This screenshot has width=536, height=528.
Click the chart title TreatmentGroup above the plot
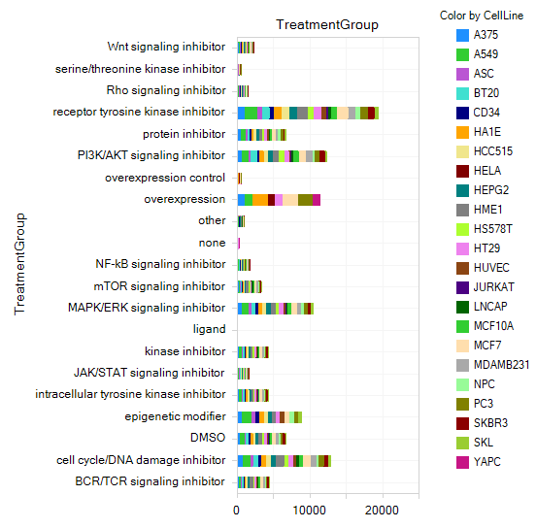(327, 24)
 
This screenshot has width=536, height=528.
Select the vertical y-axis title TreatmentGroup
(19, 264)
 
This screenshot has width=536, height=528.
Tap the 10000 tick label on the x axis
(310, 511)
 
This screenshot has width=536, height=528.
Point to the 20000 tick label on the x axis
(382, 511)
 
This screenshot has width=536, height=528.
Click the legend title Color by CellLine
(482, 16)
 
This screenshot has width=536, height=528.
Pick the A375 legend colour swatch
(462, 35)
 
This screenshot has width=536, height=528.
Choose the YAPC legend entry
(479, 462)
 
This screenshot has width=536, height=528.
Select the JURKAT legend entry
(486, 287)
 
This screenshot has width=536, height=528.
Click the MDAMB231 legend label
(501, 365)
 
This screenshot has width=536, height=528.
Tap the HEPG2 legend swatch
(462, 190)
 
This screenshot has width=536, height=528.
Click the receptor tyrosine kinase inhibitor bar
(308, 114)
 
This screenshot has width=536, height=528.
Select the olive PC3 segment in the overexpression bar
(305, 200)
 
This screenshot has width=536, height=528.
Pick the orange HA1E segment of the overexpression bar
(260, 200)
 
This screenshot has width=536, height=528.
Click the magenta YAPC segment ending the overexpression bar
(317, 200)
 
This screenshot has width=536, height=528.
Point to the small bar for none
(239, 244)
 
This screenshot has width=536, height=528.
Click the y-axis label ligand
(209, 329)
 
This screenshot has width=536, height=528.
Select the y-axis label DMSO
(208, 438)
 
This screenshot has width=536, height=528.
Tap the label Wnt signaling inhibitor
(166, 47)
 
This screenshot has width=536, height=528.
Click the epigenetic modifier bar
(270, 417)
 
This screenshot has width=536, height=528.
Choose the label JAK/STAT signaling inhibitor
(150, 373)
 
